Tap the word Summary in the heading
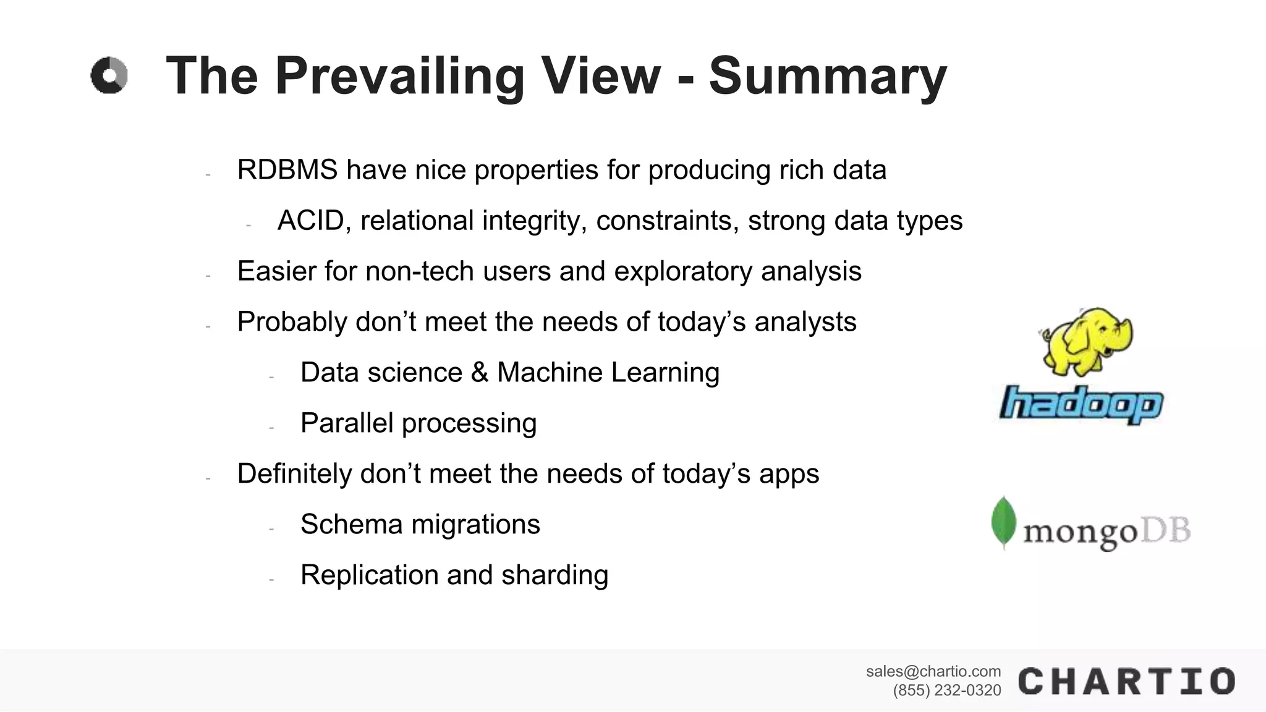[x=827, y=77]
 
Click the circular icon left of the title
[x=109, y=76]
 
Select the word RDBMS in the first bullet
[x=287, y=170]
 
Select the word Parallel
[x=347, y=423]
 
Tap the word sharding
[x=554, y=575]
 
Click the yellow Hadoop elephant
[x=1087, y=341]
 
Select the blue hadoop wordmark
[x=1081, y=405]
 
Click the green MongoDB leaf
[x=1003, y=522]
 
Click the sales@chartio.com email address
[x=933, y=671]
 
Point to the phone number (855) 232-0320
[x=946, y=690]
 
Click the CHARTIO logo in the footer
[x=1126, y=681]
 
